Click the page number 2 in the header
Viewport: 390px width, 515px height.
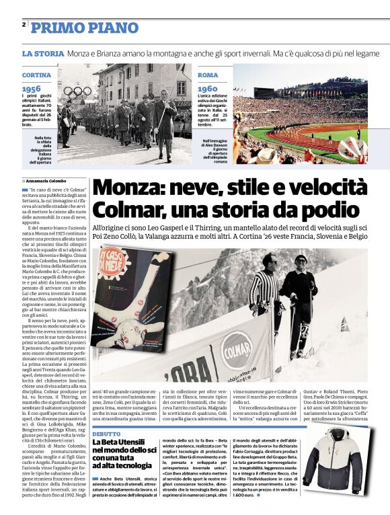tap(24, 25)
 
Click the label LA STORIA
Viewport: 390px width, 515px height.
tap(42, 53)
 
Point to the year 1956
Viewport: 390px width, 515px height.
tap(32, 89)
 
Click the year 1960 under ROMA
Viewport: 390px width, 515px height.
tap(208, 89)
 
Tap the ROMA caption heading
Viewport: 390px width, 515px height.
tap(208, 75)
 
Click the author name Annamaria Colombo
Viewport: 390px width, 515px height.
tap(46, 182)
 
